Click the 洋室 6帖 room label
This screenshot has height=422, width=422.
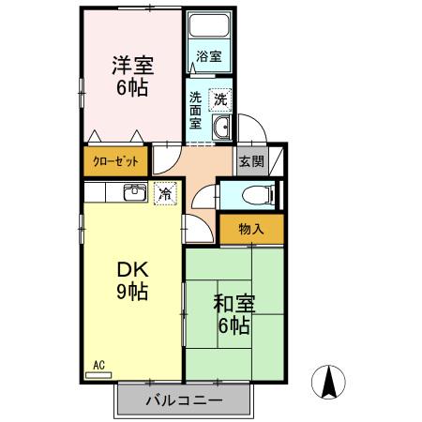tap(133, 75)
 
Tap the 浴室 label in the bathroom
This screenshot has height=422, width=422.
tap(209, 56)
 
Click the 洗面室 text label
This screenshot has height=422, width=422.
tap(195, 110)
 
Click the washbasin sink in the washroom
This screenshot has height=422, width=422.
tap(222, 128)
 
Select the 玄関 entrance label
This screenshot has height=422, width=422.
tap(249, 160)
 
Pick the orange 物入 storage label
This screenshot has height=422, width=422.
tap(250, 229)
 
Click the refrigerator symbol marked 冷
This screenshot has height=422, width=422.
tap(165, 195)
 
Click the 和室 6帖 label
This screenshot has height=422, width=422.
tap(231, 314)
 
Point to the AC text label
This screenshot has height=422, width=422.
tap(98, 364)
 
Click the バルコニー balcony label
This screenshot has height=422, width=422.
tap(185, 400)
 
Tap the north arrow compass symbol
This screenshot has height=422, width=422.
tap(330, 384)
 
